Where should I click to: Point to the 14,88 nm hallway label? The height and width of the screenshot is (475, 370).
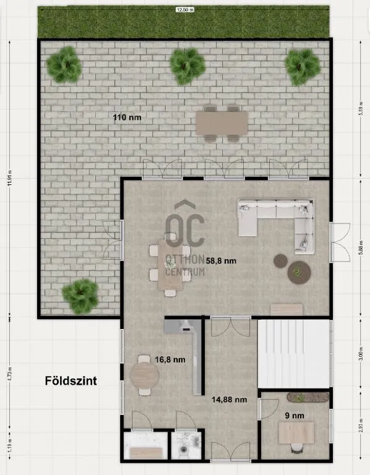[x=229, y=400]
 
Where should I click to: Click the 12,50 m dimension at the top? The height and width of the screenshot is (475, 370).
[x=184, y=10]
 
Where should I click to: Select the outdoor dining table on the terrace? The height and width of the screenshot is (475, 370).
[x=222, y=122]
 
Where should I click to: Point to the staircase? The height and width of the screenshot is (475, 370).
[x=293, y=354]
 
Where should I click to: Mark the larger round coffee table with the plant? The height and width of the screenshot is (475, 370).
[x=299, y=270]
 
